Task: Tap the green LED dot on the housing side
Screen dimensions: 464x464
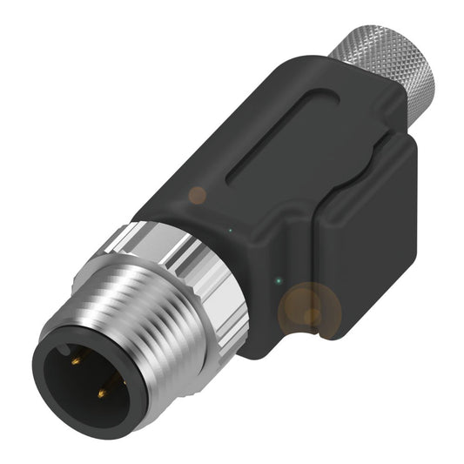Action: (278, 280)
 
